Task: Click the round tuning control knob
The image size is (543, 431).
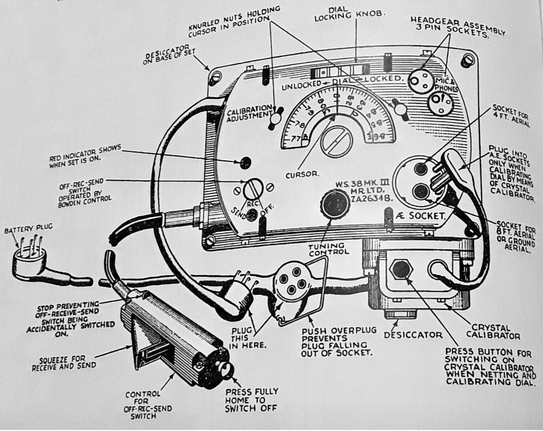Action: point(334,204)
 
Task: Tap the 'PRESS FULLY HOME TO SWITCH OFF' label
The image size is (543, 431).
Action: point(252,399)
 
